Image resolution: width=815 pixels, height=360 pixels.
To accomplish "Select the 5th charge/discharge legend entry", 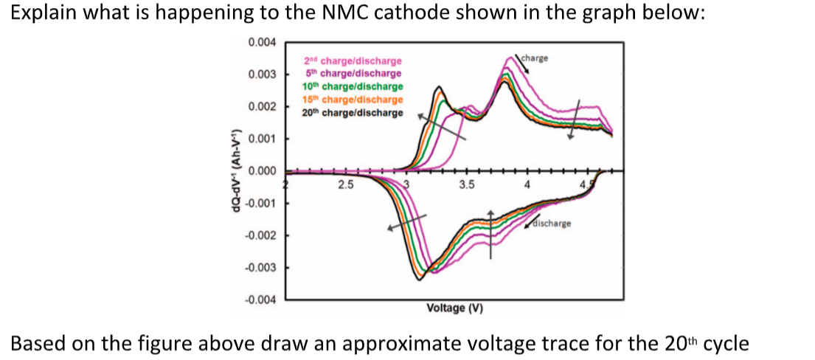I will (x=353, y=74).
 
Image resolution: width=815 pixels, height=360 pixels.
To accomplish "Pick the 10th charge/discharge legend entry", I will (x=353, y=87).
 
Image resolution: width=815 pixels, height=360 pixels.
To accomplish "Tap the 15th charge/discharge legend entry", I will (x=353, y=100).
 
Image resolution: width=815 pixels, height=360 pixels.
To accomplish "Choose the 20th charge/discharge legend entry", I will (x=353, y=113).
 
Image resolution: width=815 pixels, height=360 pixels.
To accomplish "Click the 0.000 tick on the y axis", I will (x=262, y=171).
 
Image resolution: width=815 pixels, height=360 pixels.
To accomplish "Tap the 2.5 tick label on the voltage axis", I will (x=345, y=184).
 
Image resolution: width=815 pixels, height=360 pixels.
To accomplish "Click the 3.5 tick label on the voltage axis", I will (x=466, y=184).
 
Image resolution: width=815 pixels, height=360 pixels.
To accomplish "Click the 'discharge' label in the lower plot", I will (x=550, y=222).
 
